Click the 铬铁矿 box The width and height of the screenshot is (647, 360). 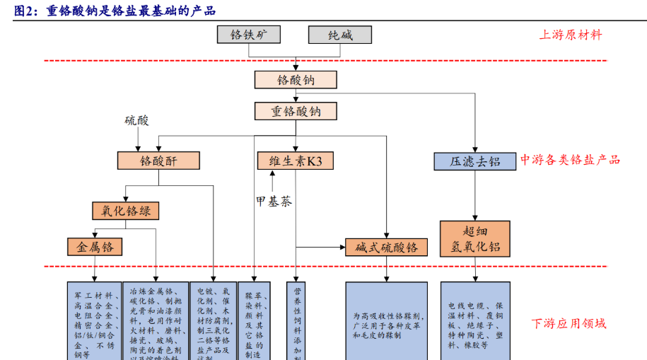248,35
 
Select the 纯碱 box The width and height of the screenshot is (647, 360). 340,35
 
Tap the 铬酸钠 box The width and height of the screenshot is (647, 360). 296,79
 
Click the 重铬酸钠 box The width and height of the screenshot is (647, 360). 296,111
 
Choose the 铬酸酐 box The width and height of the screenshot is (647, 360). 158,161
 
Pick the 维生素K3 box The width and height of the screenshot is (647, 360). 296,161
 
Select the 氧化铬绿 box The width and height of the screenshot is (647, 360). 126,211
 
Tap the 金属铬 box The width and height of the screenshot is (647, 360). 95,246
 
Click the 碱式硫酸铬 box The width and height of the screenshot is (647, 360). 386,247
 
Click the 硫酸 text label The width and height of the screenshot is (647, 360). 137,121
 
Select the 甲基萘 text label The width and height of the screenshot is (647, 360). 274,202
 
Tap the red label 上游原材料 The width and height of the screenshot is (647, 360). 571,35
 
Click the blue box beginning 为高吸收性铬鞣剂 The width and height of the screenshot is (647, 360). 386,322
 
